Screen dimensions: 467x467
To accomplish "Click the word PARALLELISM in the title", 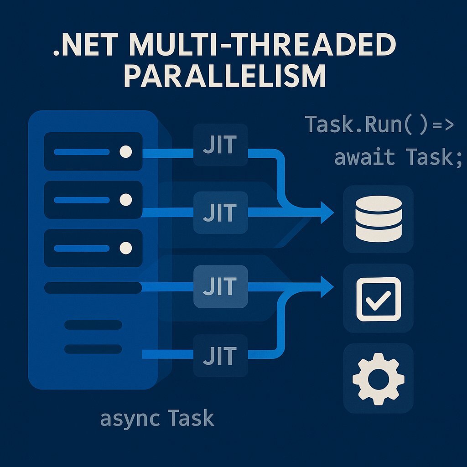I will [224, 76].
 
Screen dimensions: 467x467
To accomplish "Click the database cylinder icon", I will [379, 218].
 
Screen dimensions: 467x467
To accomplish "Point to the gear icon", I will [379, 379].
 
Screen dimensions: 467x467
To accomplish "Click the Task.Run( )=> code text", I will [379, 124].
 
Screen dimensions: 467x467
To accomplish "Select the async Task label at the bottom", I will [157, 419].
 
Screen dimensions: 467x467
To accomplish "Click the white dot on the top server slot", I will [125, 152].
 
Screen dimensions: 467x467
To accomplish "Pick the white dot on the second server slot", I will [125, 200].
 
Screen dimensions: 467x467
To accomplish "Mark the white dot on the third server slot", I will [125, 248].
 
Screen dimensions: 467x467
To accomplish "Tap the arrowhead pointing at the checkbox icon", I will [327, 287].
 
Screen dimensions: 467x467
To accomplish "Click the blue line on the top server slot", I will [81, 152].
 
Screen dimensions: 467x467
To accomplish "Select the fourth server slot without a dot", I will [93, 288].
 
